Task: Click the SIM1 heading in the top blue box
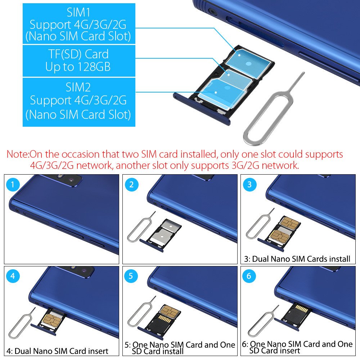pos(78,12)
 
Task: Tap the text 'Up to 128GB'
pos(78,67)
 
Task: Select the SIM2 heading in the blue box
pos(78,87)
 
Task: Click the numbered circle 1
pos(13,184)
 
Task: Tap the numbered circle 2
pos(131,184)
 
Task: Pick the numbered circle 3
pos(249,184)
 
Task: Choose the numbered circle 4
pos(13,276)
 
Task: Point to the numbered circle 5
pos(131,276)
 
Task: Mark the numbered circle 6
pos(249,276)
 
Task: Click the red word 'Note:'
pos(18,154)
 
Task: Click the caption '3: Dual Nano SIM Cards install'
pos(297,259)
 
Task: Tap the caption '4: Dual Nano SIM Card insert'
pos(57,351)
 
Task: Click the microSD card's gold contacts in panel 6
pos(301,308)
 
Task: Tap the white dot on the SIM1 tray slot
pos(239,55)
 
